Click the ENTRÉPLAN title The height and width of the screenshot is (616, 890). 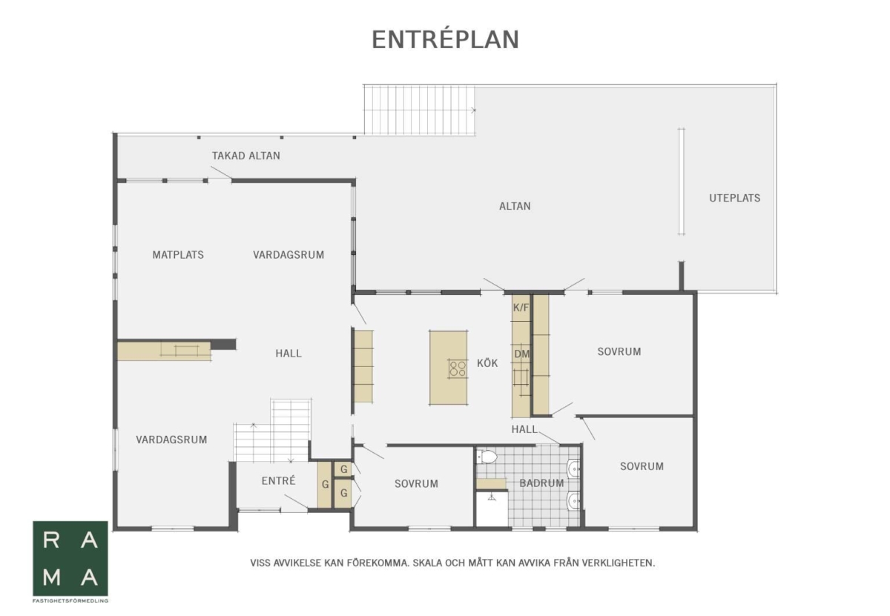coord(445,39)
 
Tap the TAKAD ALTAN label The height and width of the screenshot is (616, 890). coord(246,156)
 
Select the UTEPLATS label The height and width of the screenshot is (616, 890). coord(735,198)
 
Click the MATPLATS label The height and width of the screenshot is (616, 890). coord(178,254)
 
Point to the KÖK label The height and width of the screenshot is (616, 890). coord(487,363)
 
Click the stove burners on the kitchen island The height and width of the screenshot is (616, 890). coord(458,368)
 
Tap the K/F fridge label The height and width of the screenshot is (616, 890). coord(521,307)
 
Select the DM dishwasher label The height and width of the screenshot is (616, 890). coord(521,354)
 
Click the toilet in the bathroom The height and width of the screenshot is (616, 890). coord(487,457)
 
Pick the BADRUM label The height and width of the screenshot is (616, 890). coord(541,483)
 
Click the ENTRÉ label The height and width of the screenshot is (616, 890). coord(279,480)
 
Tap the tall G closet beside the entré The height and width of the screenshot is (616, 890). coord(325,484)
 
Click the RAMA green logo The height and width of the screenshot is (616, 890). coord(70,558)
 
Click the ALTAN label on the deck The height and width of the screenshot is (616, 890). coord(515,206)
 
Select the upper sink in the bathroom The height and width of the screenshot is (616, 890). coord(574,468)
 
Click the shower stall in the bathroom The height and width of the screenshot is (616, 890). coord(492,509)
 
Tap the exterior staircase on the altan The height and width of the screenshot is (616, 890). coord(420,110)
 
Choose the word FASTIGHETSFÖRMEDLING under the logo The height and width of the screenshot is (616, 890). coord(70,600)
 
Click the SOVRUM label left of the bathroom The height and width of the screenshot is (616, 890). coord(416,483)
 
